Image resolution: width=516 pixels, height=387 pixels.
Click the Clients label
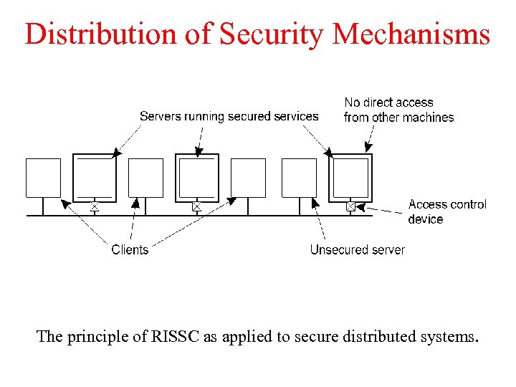tap(130, 249)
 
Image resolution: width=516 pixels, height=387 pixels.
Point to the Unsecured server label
tap(357, 249)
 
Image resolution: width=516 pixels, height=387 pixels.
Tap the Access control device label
tap(446, 211)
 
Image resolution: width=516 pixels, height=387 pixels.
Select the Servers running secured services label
tap(229, 116)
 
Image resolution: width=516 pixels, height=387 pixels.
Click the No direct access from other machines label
tap(398, 110)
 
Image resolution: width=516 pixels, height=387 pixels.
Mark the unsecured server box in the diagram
tap(299, 178)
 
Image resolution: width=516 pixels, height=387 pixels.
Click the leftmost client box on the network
tap(43, 178)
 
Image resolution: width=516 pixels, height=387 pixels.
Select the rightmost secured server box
tap(350, 178)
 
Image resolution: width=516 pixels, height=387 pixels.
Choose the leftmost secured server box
tap(95, 178)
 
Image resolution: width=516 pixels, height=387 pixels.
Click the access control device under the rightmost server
tap(350, 206)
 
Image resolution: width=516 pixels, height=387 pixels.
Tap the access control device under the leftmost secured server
tap(95, 206)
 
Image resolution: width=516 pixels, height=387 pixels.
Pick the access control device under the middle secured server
tap(197, 206)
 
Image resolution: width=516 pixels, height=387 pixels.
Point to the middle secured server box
tap(197, 178)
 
